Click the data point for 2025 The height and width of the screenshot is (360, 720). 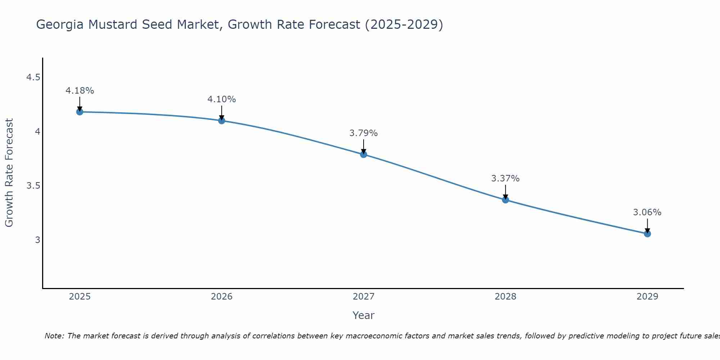pyautogui.click(x=80, y=112)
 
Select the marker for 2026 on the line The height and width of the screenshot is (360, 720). pyautogui.click(x=221, y=121)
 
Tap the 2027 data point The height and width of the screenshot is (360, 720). pyautogui.click(x=363, y=154)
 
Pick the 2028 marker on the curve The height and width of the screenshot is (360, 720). pyautogui.click(x=505, y=200)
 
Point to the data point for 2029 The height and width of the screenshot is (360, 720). pyautogui.click(x=647, y=234)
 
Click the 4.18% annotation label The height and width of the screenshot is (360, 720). pyautogui.click(x=80, y=91)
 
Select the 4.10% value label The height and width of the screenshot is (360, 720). pyautogui.click(x=221, y=99)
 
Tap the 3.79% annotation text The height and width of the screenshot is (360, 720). pyautogui.click(x=363, y=133)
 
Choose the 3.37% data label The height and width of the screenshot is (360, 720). pyautogui.click(x=505, y=179)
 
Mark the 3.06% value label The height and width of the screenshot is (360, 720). pyautogui.click(x=647, y=212)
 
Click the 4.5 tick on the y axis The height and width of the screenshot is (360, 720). pyautogui.click(x=33, y=77)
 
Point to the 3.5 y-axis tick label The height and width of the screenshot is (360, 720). pyautogui.click(x=33, y=186)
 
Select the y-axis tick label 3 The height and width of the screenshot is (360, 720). pyautogui.click(x=37, y=240)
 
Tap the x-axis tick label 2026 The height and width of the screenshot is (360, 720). pyautogui.click(x=221, y=297)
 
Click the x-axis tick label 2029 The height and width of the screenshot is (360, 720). pyautogui.click(x=647, y=297)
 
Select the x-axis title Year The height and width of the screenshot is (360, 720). pyautogui.click(x=363, y=315)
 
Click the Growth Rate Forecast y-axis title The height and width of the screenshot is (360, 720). pyautogui.click(x=9, y=172)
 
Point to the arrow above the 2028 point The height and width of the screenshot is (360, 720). pyautogui.click(x=505, y=192)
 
